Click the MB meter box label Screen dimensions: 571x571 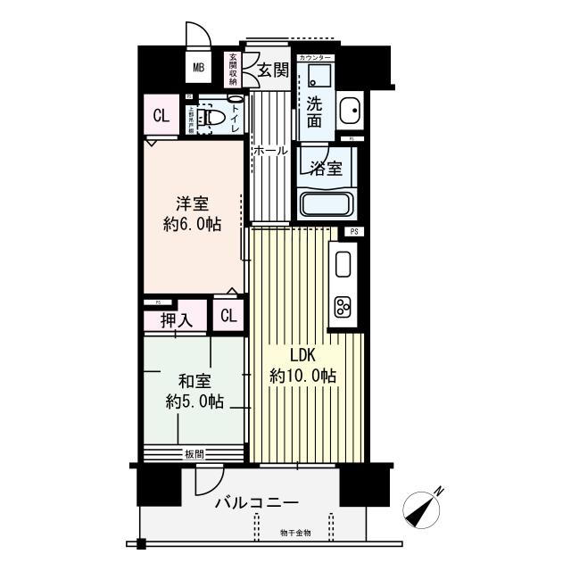[x=198, y=66]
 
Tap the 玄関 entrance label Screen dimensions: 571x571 [x=274, y=70]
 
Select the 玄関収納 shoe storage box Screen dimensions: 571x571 [x=234, y=70]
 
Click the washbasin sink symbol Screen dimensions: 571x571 [x=349, y=112]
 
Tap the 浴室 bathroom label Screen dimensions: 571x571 [x=325, y=169]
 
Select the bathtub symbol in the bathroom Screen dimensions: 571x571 [x=327, y=203]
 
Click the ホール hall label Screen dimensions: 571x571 [x=270, y=152]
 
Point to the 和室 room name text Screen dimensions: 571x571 [x=193, y=381]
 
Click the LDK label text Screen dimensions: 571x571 [x=302, y=355]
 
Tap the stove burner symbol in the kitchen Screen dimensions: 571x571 [x=343, y=306]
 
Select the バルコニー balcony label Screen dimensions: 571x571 [x=256, y=502]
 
